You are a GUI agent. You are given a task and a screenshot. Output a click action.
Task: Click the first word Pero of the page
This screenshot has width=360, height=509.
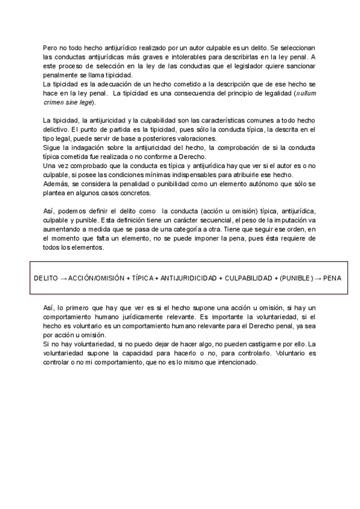tap(50, 47)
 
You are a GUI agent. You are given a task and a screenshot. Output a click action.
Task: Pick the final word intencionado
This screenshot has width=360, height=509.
tap(235, 363)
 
